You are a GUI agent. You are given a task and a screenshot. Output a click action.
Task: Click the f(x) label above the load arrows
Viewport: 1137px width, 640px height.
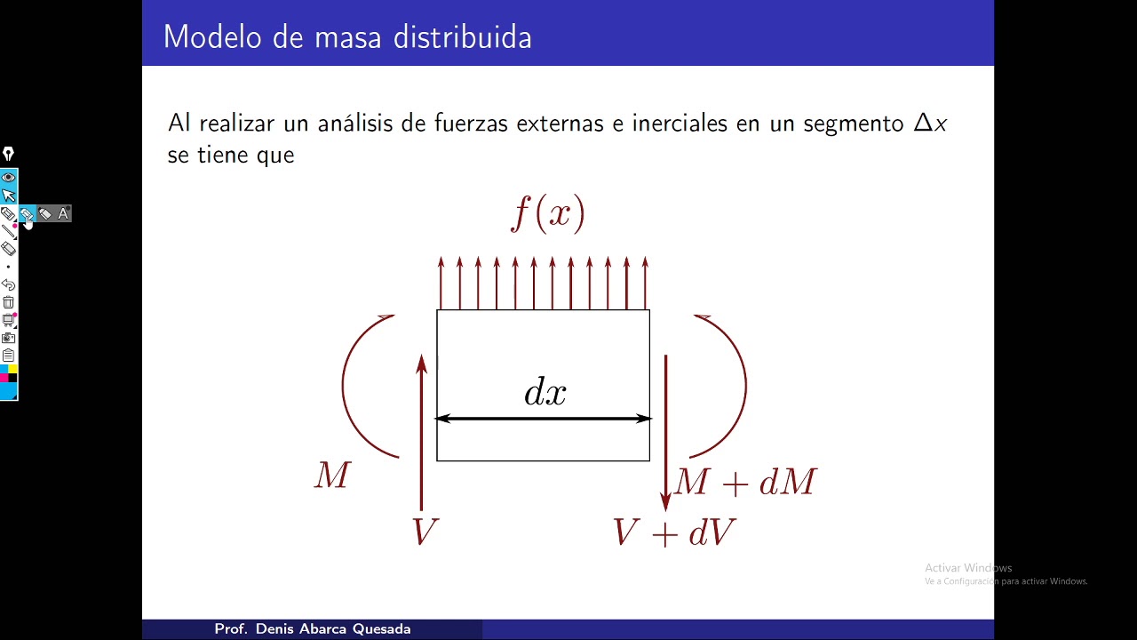click(x=548, y=213)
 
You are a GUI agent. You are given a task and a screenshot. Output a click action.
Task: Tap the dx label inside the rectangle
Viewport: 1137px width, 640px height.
click(x=545, y=392)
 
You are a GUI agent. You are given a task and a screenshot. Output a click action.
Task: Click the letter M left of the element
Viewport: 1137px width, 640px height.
click(x=332, y=476)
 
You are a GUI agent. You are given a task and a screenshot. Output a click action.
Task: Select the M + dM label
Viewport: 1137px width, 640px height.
click(x=745, y=483)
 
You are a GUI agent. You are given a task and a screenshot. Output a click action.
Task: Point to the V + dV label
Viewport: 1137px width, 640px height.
click(x=673, y=532)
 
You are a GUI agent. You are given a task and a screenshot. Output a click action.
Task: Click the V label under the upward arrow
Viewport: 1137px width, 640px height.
click(x=425, y=532)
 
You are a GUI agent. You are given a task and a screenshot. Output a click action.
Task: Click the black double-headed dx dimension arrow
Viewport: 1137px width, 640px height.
click(x=543, y=419)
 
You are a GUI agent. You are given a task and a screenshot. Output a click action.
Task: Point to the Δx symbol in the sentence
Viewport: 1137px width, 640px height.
click(x=930, y=124)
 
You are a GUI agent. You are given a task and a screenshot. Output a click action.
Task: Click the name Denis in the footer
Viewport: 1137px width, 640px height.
click(x=275, y=629)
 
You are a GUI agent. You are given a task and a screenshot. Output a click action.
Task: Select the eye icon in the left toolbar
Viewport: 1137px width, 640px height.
click(x=8, y=177)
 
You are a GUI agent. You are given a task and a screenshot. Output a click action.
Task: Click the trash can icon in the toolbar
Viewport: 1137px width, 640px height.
click(x=8, y=302)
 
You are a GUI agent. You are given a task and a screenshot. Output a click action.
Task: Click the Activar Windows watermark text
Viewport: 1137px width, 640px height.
click(x=968, y=568)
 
